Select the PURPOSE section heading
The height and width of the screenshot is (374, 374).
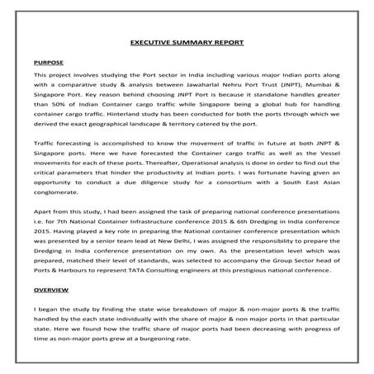pos(49,62)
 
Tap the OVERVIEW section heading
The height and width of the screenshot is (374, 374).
pos(50,291)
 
